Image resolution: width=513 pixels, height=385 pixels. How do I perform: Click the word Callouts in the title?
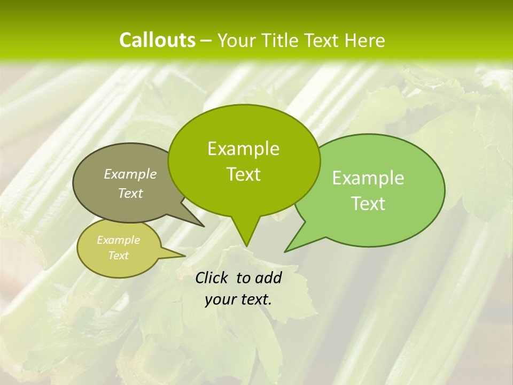pos(157,40)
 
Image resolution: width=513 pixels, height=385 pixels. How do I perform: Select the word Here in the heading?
pos(364,40)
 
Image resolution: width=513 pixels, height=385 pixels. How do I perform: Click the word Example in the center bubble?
pos(243,149)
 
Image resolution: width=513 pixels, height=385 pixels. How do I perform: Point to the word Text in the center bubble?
pos(243,174)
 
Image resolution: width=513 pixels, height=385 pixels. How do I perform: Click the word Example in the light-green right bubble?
pos(368,178)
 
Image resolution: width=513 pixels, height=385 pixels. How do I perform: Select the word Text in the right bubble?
pos(368,204)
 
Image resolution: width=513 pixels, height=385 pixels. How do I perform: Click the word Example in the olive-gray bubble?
pos(130,174)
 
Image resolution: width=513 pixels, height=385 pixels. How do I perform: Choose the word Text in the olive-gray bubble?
pos(130,193)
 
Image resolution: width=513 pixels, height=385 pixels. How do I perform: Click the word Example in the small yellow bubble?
pos(118,240)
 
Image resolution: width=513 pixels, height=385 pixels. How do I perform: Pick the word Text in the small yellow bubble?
pos(118,256)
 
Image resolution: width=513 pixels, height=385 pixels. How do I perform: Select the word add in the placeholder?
pos(268,278)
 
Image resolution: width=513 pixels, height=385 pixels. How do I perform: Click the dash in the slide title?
pos(207,41)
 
